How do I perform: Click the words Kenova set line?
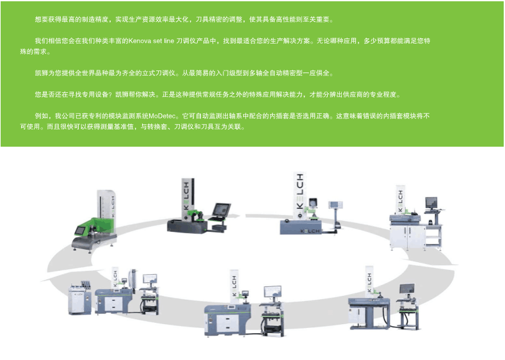[x=152, y=41]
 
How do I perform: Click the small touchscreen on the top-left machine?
[x=81, y=229]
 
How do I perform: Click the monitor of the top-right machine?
[x=431, y=204]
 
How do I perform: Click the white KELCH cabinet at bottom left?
[x=79, y=299]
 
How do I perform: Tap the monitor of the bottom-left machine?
[x=149, y=279]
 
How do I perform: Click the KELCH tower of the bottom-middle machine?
[x=234, y=289]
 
